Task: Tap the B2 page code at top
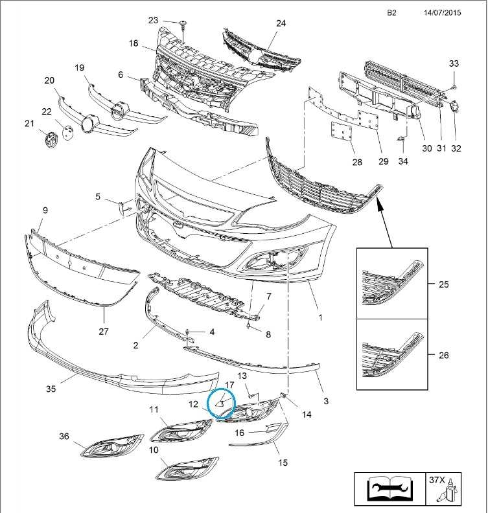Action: click(x=391, y=12)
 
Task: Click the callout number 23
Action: click(x=153, y=20)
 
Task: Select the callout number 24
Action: click(x=281, y=23)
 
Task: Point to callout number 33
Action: click(x=454, y=63)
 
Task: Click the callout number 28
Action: click(x=357, y=162)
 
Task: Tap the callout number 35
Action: click(x=51, y=389)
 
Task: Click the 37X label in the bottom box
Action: click(x=437, y=481)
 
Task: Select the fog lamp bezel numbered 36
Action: click(x=113, y=447)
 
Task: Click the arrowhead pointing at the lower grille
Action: click(x=380, y=204)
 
